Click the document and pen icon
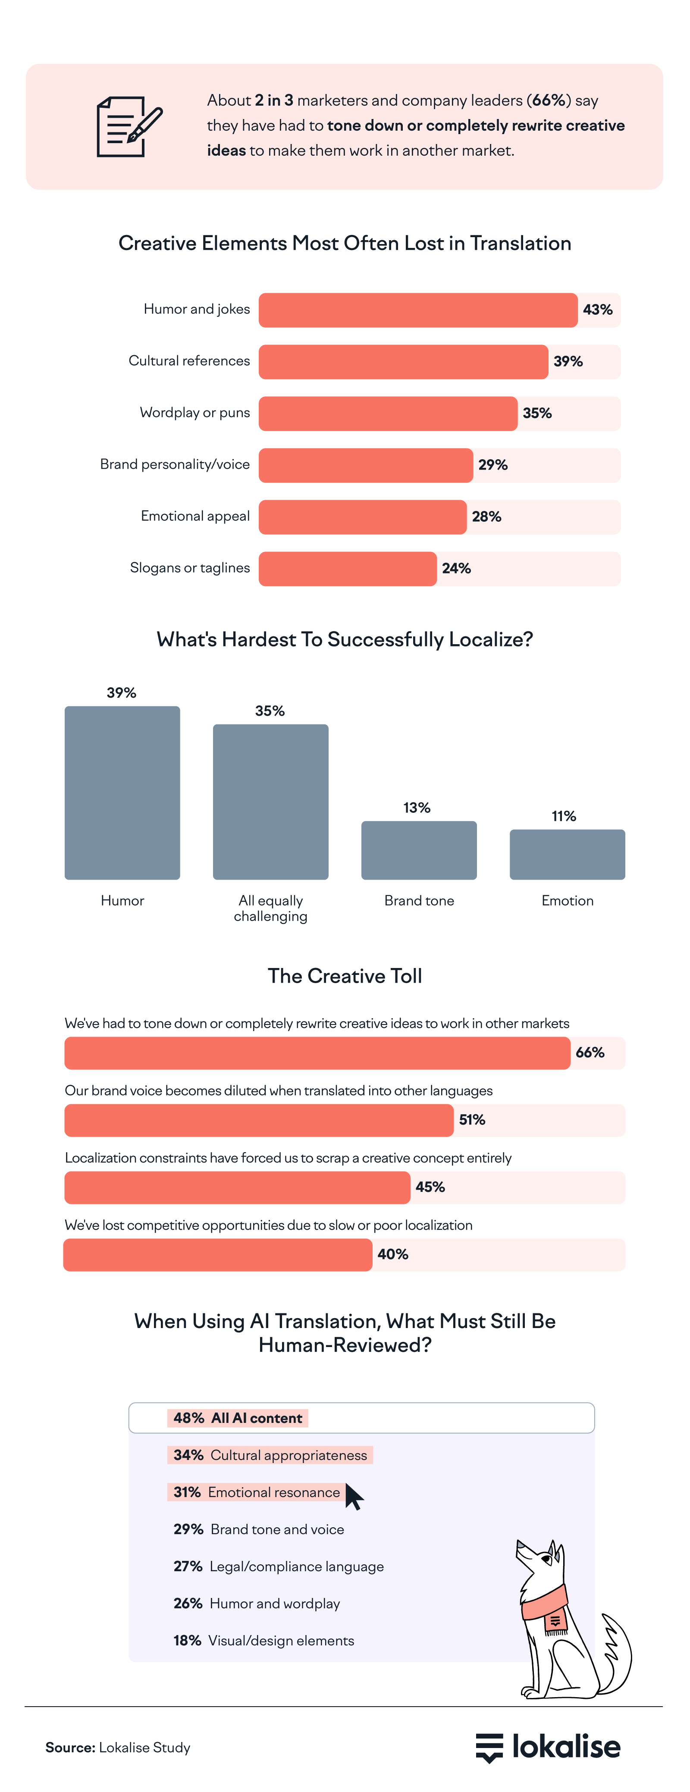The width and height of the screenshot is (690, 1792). (129, 127)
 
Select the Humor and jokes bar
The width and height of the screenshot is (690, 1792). (417, 310)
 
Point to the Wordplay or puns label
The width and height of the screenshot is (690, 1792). (195, 413)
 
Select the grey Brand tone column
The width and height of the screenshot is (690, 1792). (419, 850)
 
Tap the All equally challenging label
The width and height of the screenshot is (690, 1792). (270, 908)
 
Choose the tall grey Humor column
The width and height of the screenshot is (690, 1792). (122, 793)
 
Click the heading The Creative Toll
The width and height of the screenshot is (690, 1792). (345, 976)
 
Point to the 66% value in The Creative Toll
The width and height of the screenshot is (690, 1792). (590, 1053)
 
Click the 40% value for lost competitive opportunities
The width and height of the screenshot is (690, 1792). (392, 1254)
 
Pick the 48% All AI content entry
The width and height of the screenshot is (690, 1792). (238, 1418)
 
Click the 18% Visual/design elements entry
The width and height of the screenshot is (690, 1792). (263, 1640)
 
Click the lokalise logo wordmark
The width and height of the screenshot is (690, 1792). (565, 1747)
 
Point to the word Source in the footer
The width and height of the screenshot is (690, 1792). (69, 1748)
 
